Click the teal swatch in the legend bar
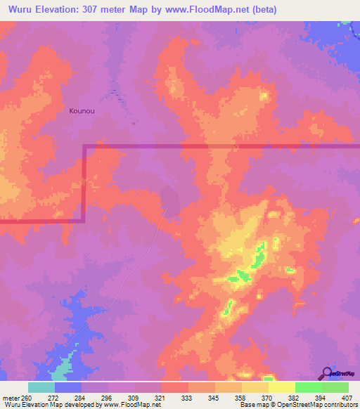pyautogui.click(x=41, y=387)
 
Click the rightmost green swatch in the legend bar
pyautogui.click(x=335, y=387)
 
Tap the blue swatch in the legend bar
pyautogui.click(x=68, y=387)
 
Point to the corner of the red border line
pyautogui.click(x=84, y=146)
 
